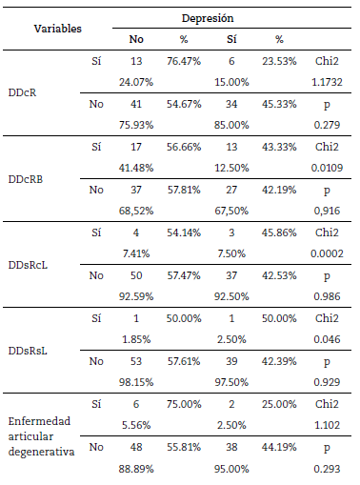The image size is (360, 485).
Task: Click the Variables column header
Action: pyautogui.click(x=45, y=29)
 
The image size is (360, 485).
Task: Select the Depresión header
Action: pyautogui.click(x=209, y=18)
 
